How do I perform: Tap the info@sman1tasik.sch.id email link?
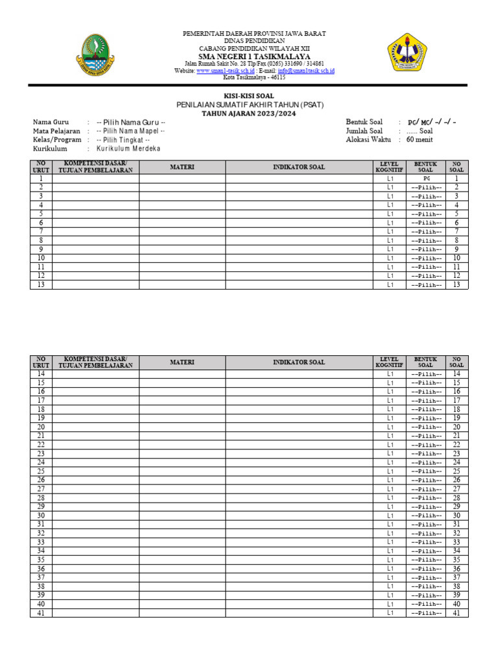[306, 70]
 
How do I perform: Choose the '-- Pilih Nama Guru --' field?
[131, 122]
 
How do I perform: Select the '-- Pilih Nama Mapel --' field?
[131, 131]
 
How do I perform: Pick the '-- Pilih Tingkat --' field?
[123, 140]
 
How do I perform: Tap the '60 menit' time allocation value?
[420, 139]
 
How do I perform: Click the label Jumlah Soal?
[367, 131]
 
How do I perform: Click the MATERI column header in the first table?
[182, 167]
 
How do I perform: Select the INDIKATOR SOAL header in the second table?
[299, 362]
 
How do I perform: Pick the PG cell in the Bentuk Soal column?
[426, 178]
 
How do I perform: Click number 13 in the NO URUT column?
[41, 284]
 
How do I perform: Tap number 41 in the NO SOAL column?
[456, 612]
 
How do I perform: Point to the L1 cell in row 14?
[390, 374]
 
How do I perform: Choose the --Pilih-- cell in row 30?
[426, 516]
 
